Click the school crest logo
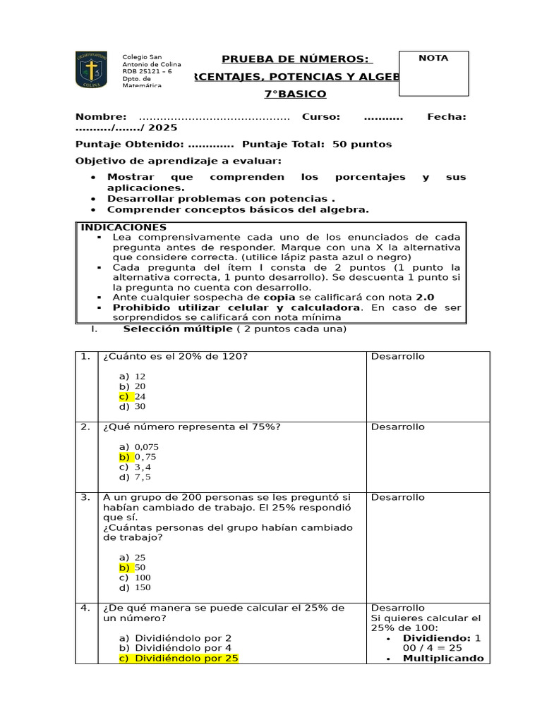[x=91, y=70]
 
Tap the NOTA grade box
[x=433, y=73]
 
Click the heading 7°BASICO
[x=295, y=94]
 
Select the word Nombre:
[x=101, y=117]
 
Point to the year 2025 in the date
[x=163, y=128]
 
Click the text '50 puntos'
[x=361, y=144]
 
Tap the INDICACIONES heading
[x=124, y=227]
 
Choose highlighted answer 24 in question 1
[x=140, y=396]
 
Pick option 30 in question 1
[x=140, y=406]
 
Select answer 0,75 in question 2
[x=145, y=457]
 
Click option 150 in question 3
[x=143, y=587]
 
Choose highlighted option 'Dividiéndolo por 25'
[x=186, y=659]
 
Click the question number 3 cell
[x=85, y=497]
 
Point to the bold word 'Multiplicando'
[x=443, y=659]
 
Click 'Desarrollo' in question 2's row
[x=398, y=427]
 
